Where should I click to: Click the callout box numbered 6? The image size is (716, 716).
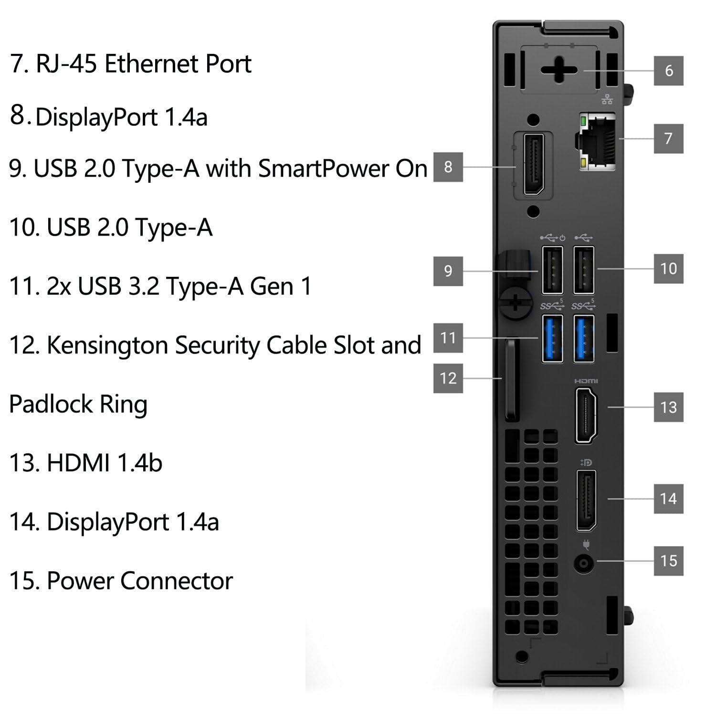coord(668,71)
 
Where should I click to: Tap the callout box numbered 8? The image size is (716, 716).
coord(448,167)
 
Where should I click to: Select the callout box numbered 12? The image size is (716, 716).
coord(448,378)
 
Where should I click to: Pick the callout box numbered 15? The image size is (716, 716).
coord(668,560)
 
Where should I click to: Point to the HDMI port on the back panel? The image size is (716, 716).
coord(586,415)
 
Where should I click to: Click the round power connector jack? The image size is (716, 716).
coord(583,564)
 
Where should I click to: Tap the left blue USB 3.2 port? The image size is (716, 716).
coord(552,338)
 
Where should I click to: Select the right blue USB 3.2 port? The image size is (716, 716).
coord(584,338)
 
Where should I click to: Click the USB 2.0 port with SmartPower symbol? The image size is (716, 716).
coord(552,270)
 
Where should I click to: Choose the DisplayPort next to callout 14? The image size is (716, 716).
coord(586,500)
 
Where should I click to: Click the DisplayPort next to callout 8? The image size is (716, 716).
coord(534,165)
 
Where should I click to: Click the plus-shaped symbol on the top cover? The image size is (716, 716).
coord(559,70)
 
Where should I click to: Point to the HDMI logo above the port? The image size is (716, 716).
coord(586,381)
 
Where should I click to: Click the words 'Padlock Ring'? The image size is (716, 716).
coord(78,404)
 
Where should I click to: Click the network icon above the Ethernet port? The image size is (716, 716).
coord(607,99)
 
